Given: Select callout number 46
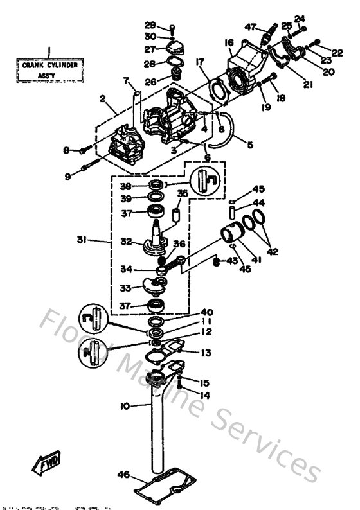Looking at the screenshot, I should click(x=123, y=475).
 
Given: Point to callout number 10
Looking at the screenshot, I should click(x=124, y=406).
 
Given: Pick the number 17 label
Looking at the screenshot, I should click(x=200, y=62).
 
